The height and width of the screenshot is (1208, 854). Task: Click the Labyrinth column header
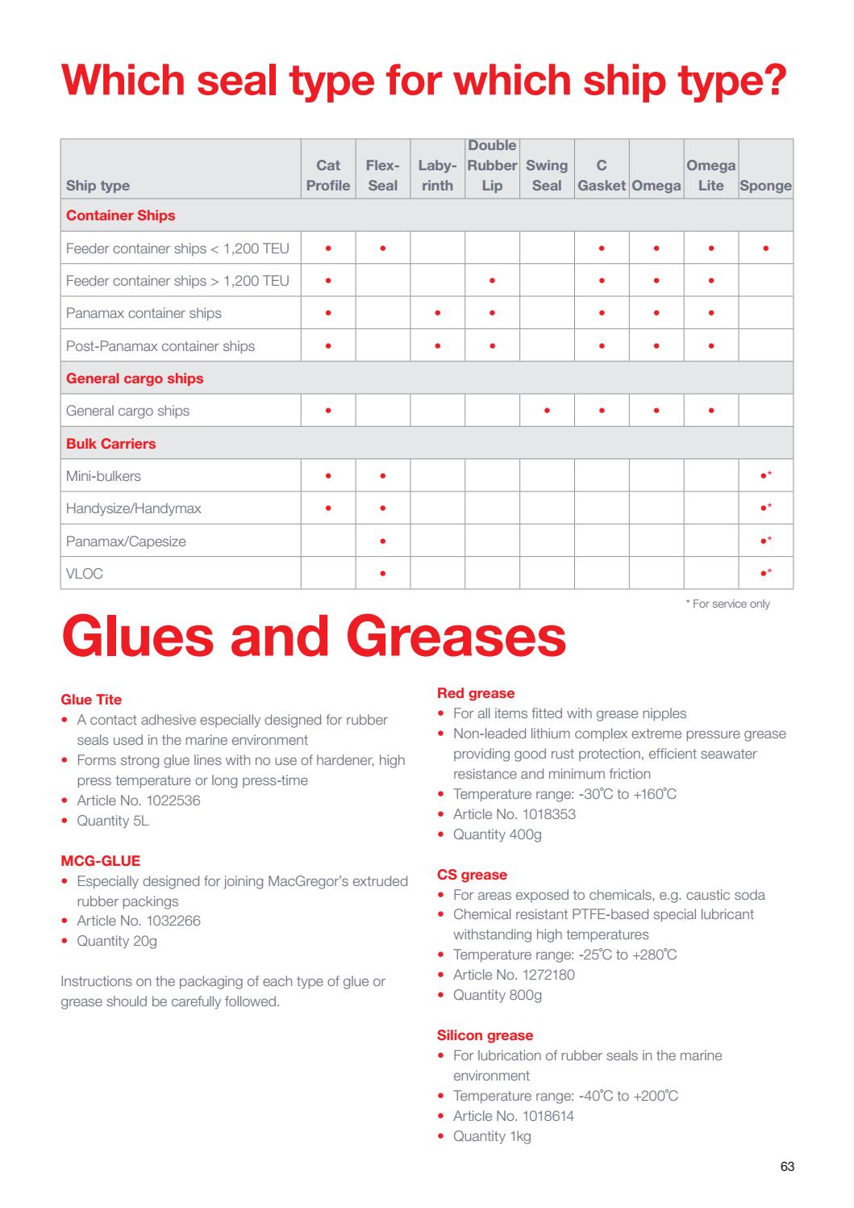click(437, 175)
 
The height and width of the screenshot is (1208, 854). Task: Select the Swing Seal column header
click(547, 175)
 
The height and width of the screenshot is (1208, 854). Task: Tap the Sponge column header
click(765, 186)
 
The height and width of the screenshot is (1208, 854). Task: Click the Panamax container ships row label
click(144, 313)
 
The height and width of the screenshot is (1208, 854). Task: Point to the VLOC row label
click(85, 574)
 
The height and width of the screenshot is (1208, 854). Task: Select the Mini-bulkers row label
click(103, 476)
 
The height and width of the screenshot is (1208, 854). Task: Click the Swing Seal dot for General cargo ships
click(547, 411)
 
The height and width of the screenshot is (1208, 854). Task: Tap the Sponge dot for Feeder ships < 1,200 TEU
click(765, 249)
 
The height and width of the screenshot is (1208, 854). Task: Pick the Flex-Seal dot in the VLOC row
click(382, 574)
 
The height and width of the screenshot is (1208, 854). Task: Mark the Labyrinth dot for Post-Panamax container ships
click(437, 346)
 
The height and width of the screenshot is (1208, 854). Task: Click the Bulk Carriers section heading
click(111, 444)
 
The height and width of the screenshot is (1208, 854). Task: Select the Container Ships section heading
click(120, 215)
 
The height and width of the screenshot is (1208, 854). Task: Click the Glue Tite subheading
click(91, 700)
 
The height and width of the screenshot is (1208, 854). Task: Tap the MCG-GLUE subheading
click(101, 861)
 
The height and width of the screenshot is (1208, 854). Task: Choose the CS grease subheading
click(472, 875)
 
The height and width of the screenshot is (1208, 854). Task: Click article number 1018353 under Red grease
click(514, 814)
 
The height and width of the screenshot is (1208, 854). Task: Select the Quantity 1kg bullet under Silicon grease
click(491, 1136)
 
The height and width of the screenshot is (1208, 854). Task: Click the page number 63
click(787, 1167)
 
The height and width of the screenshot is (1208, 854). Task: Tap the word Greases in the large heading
click(456, 637)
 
